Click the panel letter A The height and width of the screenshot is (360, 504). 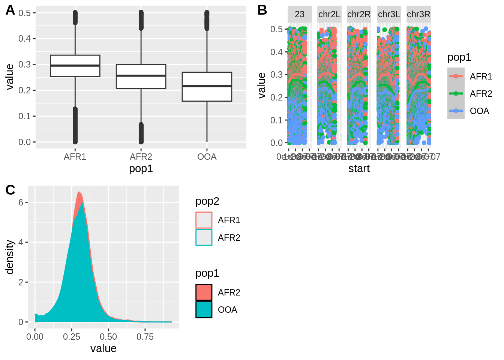(10, 10)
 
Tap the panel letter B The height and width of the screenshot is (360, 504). (262, 10)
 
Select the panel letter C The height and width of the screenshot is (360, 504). (10, 190)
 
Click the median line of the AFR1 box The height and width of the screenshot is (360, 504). (75, 66)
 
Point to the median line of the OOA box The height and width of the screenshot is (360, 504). (207, 86)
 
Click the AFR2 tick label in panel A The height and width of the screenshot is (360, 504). (141, 157)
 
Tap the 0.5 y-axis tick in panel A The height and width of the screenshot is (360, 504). (25, 13)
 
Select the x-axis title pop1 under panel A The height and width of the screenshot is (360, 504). (141, 169)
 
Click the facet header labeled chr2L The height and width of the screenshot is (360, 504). (329, 14)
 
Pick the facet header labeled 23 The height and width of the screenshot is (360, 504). (300, 14)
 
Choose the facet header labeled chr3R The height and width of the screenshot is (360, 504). (418, 14)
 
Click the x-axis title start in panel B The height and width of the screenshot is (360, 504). (359, 169)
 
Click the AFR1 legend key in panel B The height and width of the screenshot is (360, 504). (456, 76)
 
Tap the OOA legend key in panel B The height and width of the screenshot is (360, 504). (456, 111)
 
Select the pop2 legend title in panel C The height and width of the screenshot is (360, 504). (207, 201)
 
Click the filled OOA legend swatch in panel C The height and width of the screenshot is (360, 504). (204, 310)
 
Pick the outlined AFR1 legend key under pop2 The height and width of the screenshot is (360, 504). (204, 220)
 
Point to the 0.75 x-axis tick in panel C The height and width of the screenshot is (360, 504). (145, 337)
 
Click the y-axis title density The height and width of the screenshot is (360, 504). (10, 257)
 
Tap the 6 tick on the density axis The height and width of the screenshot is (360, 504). (21, 202)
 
